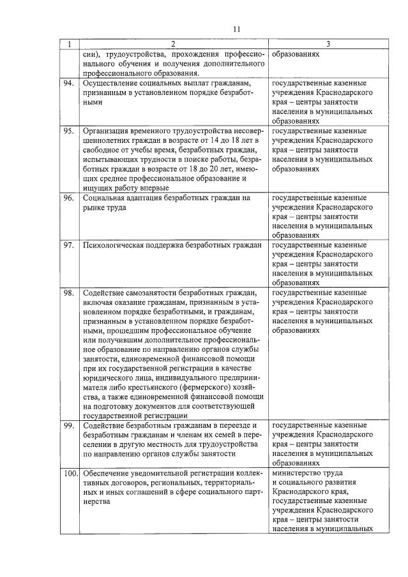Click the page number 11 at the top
click(236, 29)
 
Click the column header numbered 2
click(173, 45)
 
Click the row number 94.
click(68, 84)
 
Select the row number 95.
click(68, 131)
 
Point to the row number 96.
click(68, 198)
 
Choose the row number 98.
click(68, 293)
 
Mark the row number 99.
click(68, 425)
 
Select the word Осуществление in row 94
click(110, 84)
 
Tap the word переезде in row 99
click(235, 425)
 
